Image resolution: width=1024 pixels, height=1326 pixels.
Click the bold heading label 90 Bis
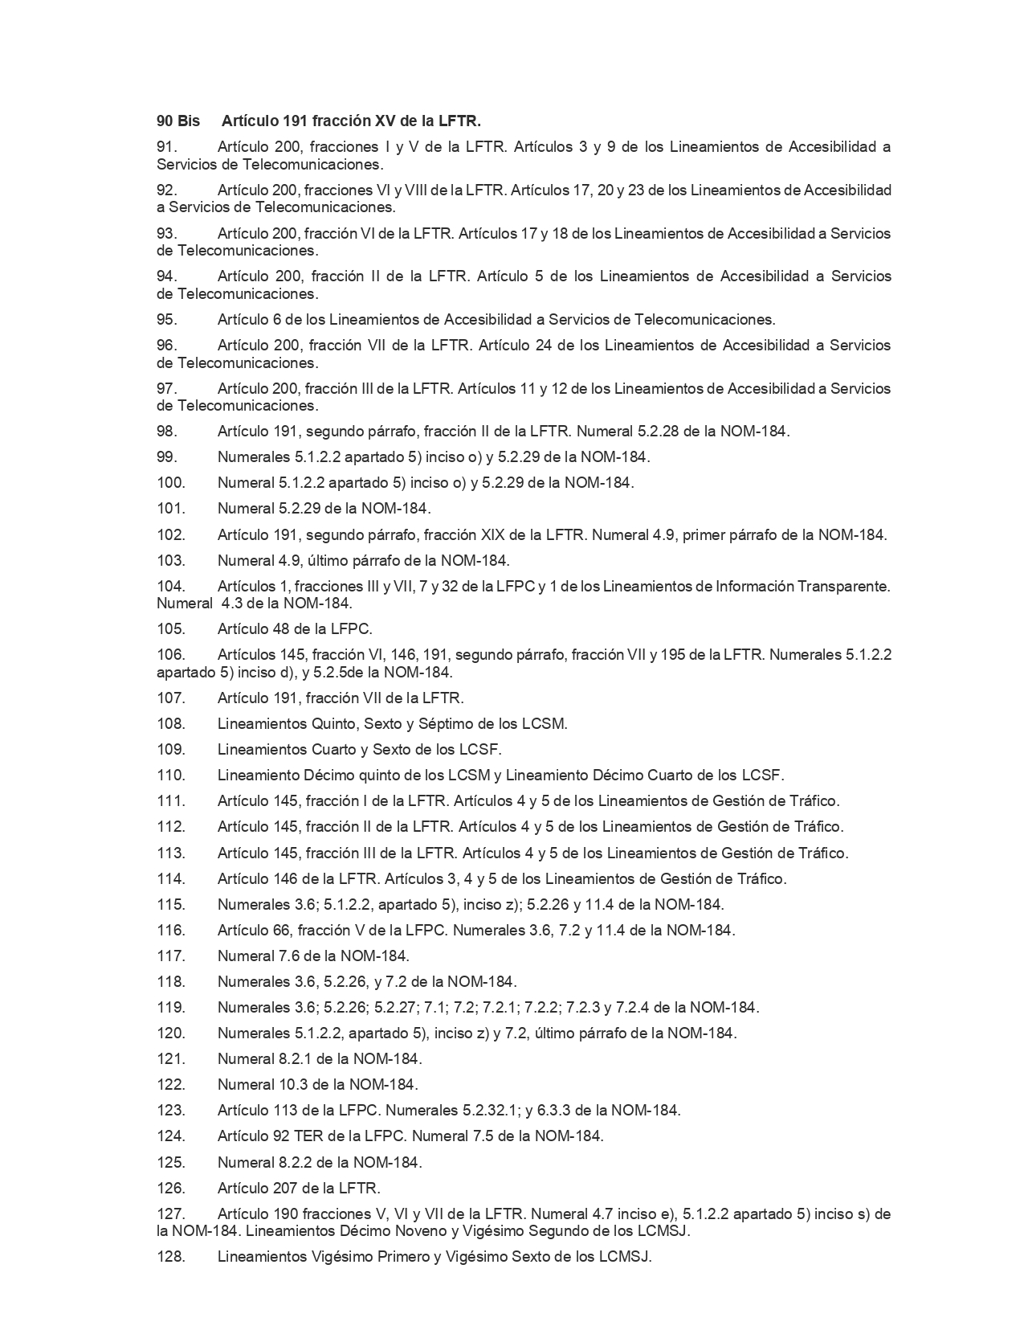coord(177,121)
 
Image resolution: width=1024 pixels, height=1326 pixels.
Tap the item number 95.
coord(166,319)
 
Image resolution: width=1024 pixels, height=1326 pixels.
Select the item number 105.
coord(170,628)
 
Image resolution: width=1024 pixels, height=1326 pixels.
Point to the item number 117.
coord(170,956)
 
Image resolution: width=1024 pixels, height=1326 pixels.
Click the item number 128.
coord(170,1256)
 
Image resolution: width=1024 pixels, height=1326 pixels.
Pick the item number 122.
coord(170,1084)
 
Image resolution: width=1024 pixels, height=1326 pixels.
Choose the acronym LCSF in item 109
coord(483,749)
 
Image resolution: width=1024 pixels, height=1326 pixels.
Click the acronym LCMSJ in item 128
coord(624,1256)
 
